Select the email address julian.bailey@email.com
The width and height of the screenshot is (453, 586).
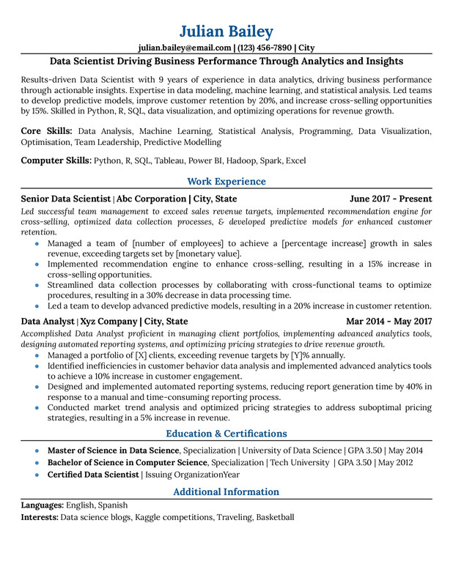(x=185, y=48)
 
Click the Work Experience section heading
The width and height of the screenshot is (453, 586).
(x=226, y=181)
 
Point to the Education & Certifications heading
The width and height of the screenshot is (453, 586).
(x=226, y=433)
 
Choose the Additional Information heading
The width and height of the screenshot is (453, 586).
(x=226, y=492)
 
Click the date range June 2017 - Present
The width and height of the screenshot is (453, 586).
(x=391, y=199)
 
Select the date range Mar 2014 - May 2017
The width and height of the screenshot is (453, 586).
(x=388, y=321)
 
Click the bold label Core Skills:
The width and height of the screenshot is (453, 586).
(x=46, y=130)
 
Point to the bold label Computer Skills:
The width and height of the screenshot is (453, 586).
(x=56, y=160)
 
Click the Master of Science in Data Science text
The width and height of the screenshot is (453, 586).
(x=113, y=450)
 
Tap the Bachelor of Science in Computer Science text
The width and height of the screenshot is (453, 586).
(x=128, y=462)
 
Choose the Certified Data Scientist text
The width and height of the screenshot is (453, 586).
(x=93, y=475)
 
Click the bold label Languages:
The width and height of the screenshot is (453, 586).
(x=43, y=505)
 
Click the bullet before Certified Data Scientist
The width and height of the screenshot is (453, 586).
(x=37, y=475)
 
